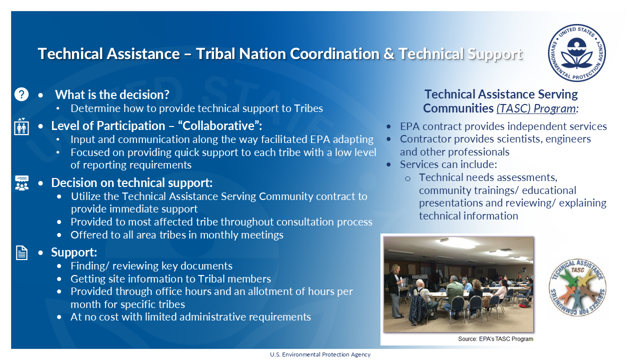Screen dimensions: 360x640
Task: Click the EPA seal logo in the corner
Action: pos(576,53)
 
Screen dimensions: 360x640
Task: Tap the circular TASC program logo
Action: pos(577,288)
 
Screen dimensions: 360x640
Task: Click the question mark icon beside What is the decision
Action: pos(21,94)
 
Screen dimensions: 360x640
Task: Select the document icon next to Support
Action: pos(21,253)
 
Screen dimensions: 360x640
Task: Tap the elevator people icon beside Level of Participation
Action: pos(21,126)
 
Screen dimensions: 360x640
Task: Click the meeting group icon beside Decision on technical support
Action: pos(21,183)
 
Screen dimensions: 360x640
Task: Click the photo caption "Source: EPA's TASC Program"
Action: pos(495,338)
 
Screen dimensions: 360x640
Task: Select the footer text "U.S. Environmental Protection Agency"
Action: pos(320,354)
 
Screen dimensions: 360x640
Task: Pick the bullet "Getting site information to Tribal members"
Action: pos(170,278)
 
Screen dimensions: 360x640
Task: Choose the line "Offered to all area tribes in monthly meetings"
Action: pos(176,234)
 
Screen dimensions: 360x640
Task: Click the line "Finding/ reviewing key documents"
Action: pos(151,266)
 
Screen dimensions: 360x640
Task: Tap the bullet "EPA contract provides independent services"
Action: pos(503,126)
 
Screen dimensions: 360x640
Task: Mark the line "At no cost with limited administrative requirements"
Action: pos(190,316)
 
